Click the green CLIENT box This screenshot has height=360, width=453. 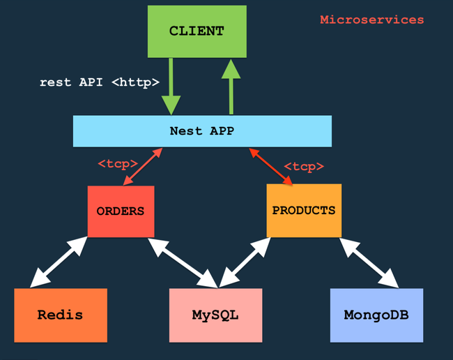tap(197, 31)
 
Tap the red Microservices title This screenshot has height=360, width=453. tap(371, 20)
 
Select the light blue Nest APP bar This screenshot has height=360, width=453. tap(202, 130)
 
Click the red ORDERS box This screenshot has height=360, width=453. tap(121, 211)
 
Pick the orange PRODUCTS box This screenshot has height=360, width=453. tap(303, 210)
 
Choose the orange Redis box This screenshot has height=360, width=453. tap(60, 315)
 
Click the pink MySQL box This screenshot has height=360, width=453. tap(215, 315)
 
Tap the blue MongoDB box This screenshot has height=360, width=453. tap(376, 315)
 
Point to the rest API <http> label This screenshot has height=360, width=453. tap(100, 82)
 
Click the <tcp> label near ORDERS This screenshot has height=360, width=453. tap(117, 164)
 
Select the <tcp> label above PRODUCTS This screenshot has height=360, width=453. tap(304, 167)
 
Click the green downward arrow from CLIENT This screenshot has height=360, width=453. tap(171, 87)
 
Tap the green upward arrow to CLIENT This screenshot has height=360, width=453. tap(230, 85)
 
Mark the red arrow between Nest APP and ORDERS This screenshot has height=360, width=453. tap(143, 166)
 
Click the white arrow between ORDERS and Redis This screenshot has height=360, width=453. tap(59, 262)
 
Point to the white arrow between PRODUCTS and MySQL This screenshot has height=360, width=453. tap(244, 262)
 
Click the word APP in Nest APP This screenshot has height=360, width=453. tap(221, 130)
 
